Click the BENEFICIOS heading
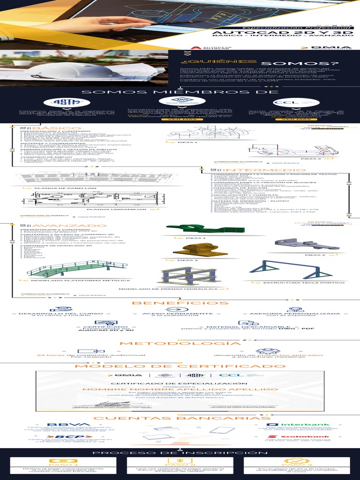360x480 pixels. coord(180,303)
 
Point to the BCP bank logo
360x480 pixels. coord(65,436)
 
